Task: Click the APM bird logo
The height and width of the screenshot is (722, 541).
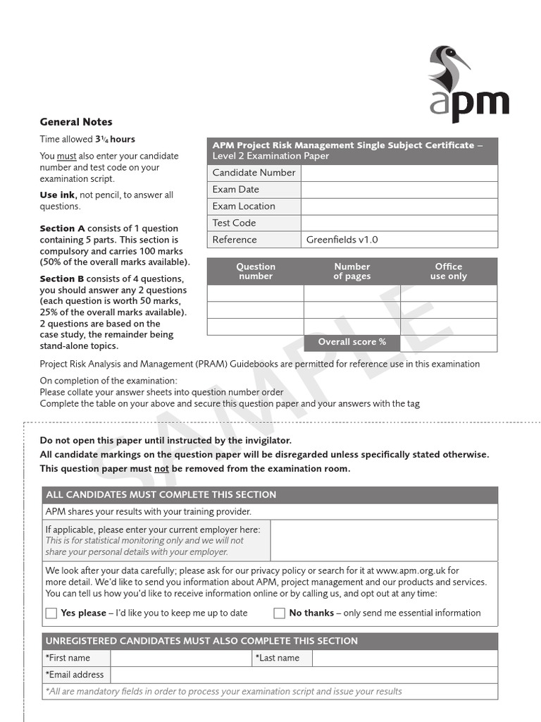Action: tap(468, 83)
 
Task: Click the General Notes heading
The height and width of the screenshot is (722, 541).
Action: tap(76, 122)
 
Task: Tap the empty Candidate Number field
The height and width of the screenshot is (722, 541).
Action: tap(399, 173)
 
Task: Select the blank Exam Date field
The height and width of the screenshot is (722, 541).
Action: tap(399, 190)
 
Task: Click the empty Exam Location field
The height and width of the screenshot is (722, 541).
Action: tap(399, 207)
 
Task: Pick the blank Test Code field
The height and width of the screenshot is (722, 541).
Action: tap(399, 223)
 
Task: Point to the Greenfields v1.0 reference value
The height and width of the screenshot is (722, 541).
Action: tap(342, 240)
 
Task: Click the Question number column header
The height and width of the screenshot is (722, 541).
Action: tap(255, 271)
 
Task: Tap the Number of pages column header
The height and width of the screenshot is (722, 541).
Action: tap(352, 271)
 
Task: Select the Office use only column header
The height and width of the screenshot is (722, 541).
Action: tap(449, 271)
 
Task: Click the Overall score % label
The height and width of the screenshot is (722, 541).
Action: tap(352, 342)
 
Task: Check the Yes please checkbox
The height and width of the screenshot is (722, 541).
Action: tap(51, 613)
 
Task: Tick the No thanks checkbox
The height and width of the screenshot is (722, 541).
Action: tap(280, 613)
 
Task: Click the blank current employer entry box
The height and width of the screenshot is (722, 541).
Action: tap(383, 541)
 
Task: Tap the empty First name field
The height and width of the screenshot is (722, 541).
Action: tap(180, 659)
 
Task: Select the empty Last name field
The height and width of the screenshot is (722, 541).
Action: tap(404, 659)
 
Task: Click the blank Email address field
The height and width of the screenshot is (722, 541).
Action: tap(303, 675)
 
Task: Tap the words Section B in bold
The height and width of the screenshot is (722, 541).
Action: tap(62, 279)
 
